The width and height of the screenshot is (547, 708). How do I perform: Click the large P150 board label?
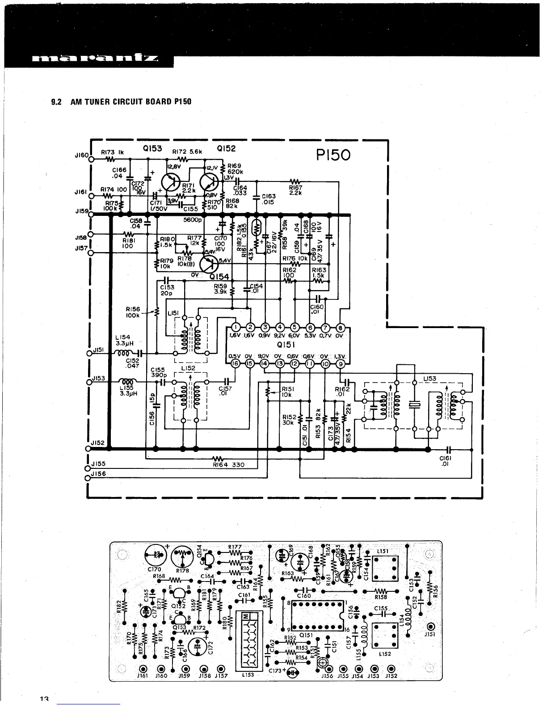pos(333,155)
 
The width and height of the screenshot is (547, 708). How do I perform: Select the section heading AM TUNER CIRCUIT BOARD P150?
pos(121,101)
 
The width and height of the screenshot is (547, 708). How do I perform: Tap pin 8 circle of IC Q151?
pos(340,327)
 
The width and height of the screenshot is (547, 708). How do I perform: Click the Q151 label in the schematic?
pos(285,345)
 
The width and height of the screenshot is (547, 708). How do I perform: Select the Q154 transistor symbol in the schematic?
pos(209,264)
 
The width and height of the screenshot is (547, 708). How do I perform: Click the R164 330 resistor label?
pos(229,464)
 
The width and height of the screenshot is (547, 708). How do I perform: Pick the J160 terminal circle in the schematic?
pos(91,159)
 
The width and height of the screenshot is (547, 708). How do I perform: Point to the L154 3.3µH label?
pos(122,341)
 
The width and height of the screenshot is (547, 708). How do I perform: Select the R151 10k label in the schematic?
pos(286,392)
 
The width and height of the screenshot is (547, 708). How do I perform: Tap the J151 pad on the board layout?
pos(431,626)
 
